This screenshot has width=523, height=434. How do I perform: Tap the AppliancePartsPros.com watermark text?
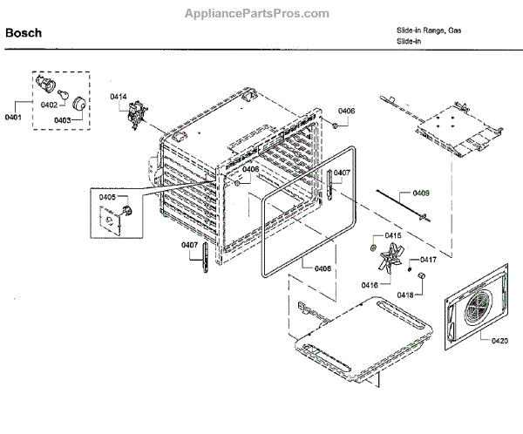coord(257,13)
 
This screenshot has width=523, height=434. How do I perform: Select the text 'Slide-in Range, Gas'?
coord(429,31)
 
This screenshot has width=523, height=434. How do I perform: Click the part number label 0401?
coord(14,116)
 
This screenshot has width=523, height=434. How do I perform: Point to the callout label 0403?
coord(63,121)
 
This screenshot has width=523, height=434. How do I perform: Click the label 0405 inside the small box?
coord(107,198)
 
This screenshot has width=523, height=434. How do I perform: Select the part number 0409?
coord(421,193)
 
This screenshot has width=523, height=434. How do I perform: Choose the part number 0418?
coord(405,295)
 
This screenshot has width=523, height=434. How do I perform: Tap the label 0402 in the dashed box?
coord(50,105)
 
